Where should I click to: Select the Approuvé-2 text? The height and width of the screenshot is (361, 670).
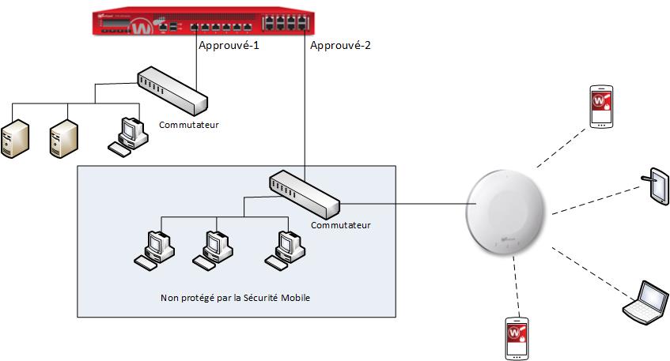pos(340,46)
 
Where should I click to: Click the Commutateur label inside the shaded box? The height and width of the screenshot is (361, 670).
pos(340,225)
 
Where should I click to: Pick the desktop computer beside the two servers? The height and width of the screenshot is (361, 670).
pos(128,136)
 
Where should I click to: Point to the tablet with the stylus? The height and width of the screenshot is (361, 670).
pos(657,186)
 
